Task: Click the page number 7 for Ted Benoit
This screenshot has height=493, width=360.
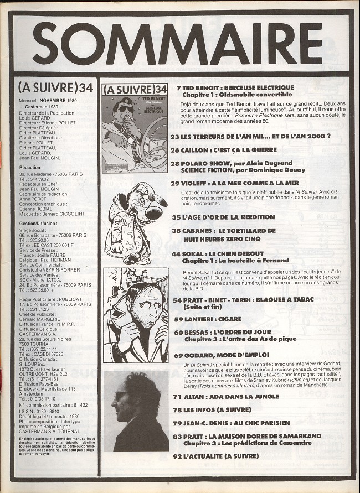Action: [178, 87]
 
